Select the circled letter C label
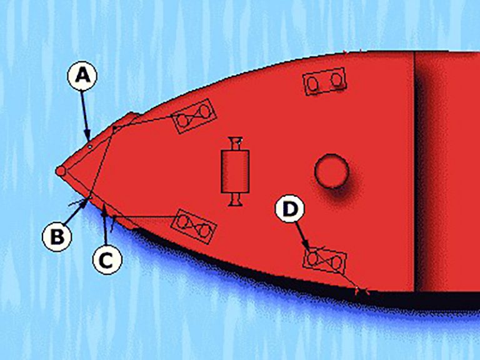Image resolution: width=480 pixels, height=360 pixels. (x=107, y=261)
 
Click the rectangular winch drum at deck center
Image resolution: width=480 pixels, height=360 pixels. (x=236, y=171)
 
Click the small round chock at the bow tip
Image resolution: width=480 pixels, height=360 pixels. (x=61, y=171)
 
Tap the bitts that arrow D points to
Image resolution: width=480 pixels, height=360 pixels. (x=324, y=260)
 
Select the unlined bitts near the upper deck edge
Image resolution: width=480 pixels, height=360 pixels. (x=324, y=81)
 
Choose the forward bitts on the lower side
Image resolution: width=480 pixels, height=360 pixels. (x=193, y=225)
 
